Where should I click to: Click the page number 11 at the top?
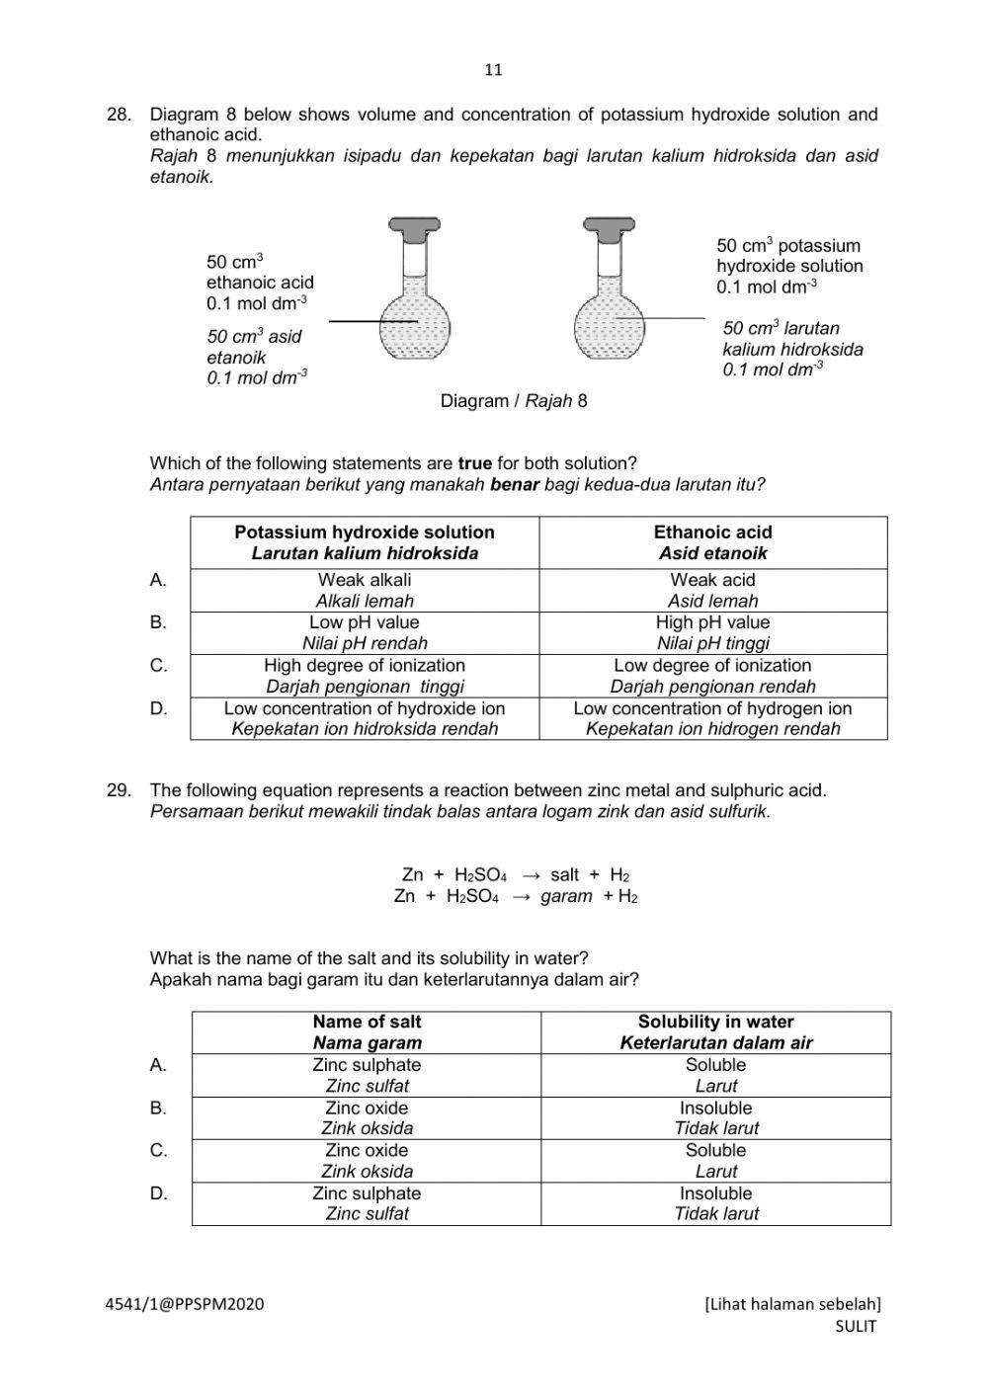[x=494, y=69]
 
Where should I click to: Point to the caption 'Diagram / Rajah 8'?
[x=513, y=401]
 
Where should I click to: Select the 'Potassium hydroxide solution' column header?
[x=365, y=542]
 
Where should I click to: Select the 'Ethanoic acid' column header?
[x=712, y=542]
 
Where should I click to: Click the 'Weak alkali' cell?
[x=365, y=590]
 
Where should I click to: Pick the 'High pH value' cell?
[x=712, y=632]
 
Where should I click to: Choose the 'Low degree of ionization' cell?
[x=712, y=676]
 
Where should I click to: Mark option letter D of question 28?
[x=158, y=708]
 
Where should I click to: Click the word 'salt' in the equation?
[x=565, y=874]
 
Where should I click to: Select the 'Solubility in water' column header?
[x=715, y=1031]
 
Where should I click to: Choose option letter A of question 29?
[x=158, y=1065]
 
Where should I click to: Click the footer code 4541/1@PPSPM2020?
[x=185, y=1304]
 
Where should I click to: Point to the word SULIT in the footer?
[x=856, y=1327]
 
